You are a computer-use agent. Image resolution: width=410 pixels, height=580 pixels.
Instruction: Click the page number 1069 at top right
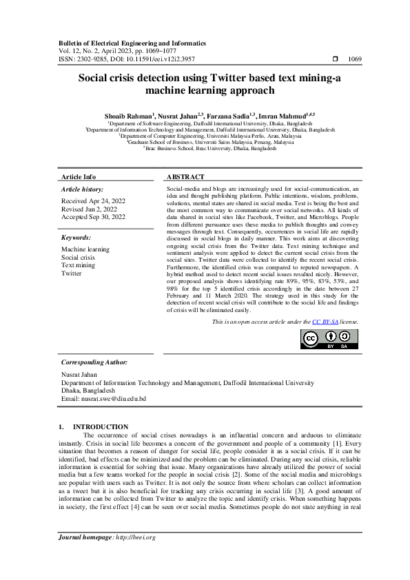pyautogui.click(x=355, y=60)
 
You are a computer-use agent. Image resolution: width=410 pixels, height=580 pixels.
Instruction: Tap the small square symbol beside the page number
pyautogui.click(x=335, y=60)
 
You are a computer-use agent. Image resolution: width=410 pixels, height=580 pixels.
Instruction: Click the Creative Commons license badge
pyautogui.click(x=330, y=339)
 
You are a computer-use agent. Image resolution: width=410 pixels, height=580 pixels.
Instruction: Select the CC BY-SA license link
pyautogui.click(x=325, y=322)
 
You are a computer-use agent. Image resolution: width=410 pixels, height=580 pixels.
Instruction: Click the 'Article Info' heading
pyautogui.click(x=79, y=177)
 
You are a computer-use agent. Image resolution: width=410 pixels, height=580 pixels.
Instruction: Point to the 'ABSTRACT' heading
pyautogui.click(x=185, y=177)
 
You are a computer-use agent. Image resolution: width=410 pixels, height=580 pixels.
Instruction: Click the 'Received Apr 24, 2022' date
pyautogui.click(x=93, y=201)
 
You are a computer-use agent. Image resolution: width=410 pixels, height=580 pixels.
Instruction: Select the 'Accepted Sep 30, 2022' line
pyautogui.click(x=93, y=217)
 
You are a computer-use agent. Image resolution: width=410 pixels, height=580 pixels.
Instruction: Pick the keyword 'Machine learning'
pyautogui.click(x=85, y=249)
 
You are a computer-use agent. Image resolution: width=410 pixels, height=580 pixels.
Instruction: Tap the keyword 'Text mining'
pyautogui.click(x=79, y=265)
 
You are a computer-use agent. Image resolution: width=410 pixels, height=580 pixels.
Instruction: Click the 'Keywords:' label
pyautogui.click(x=76, y=238)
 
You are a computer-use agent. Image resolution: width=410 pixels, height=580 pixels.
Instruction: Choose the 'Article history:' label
pyautogui.click(x=83, y=189)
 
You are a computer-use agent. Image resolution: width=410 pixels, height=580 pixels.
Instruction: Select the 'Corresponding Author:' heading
pyautogui.click(x=94, y=362)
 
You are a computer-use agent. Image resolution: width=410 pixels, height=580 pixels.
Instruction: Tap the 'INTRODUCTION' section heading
pyautogui.click(x=101, y=427)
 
